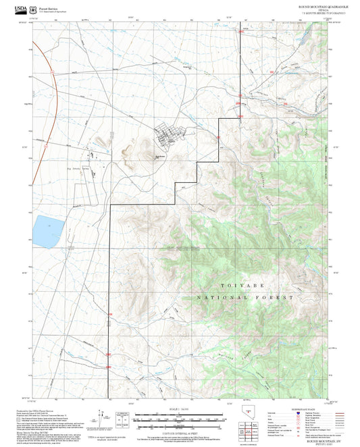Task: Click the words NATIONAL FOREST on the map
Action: click(246, 297)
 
